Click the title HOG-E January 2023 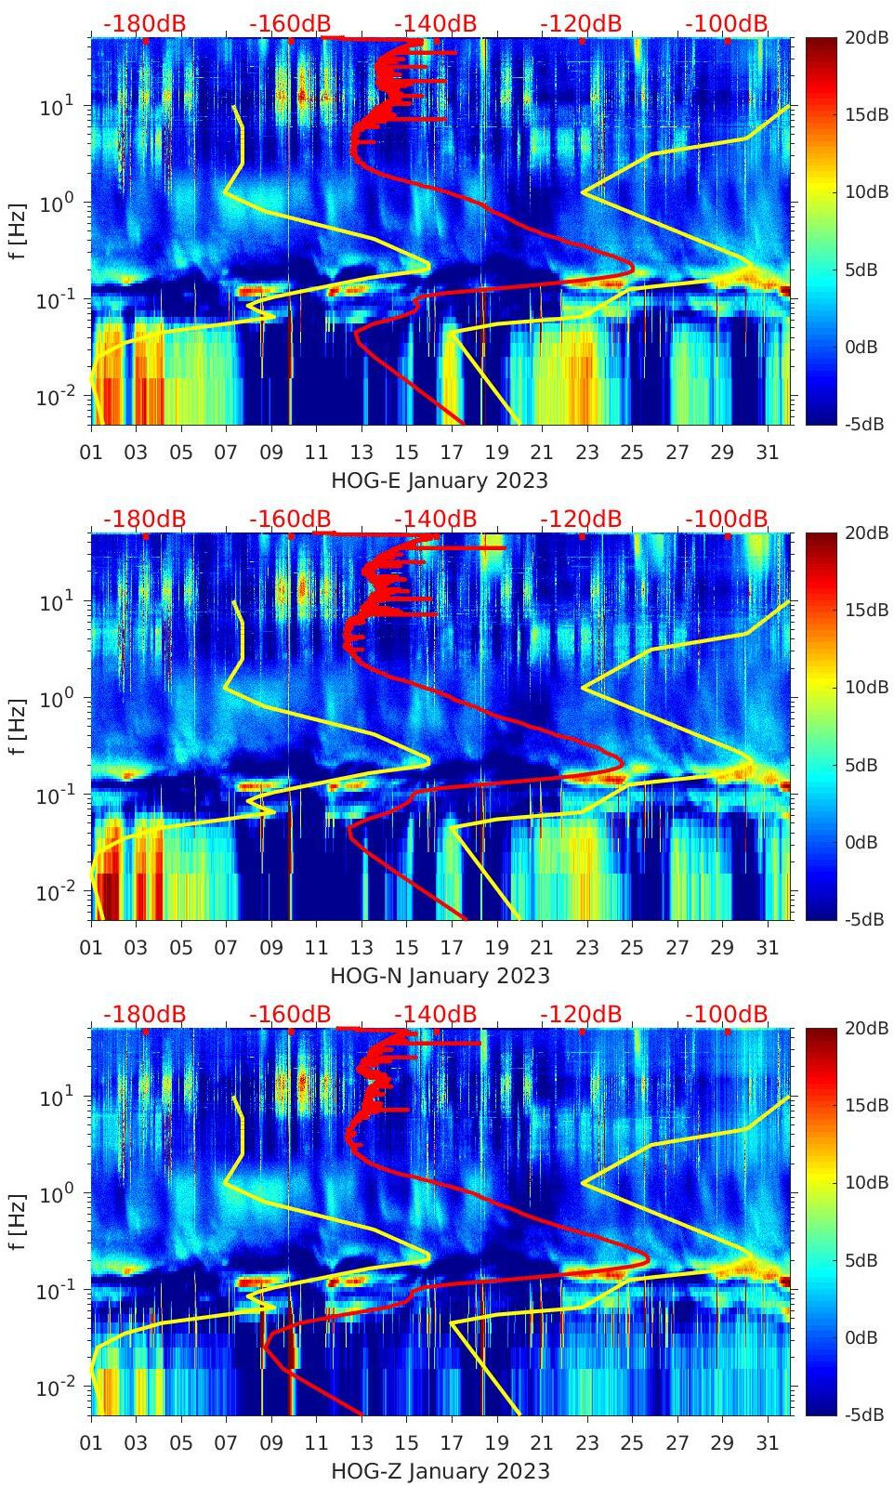pyautogui.click(x=440, y=480)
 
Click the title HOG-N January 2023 pyautogui.click(x=440, y=976)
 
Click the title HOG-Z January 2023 pyautogui.click(x=440, y=1471)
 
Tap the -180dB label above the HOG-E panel pyautogui.click(x=144, y=23)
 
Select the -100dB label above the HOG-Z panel pyautogui.click(x=727, y=1014)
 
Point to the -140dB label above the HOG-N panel pyautogui.click(x=435, y=519)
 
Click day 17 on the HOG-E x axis pyautogui.click(x=452, y=453)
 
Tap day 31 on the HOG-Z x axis pyautogui.click(x=767, y=1443)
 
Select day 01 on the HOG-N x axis pyautogui.click(x=91, y=948)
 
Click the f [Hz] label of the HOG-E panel pyautogui.click(x=18, y=230)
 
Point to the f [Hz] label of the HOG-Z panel pyautogui.click(x=18, y=1221)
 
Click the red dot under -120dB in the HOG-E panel pyautogui.click(x=582, y=41)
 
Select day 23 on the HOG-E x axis pyautogui.click(x=586, y=453)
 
